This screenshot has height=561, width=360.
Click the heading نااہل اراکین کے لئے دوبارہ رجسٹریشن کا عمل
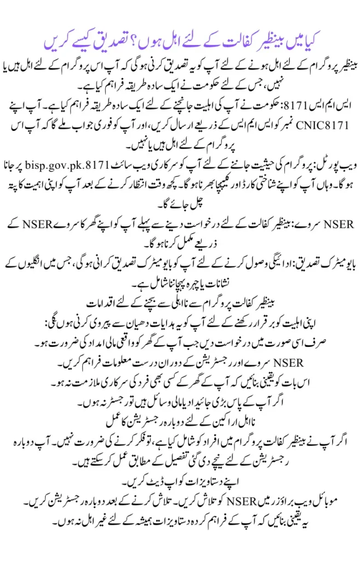(180, 421)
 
